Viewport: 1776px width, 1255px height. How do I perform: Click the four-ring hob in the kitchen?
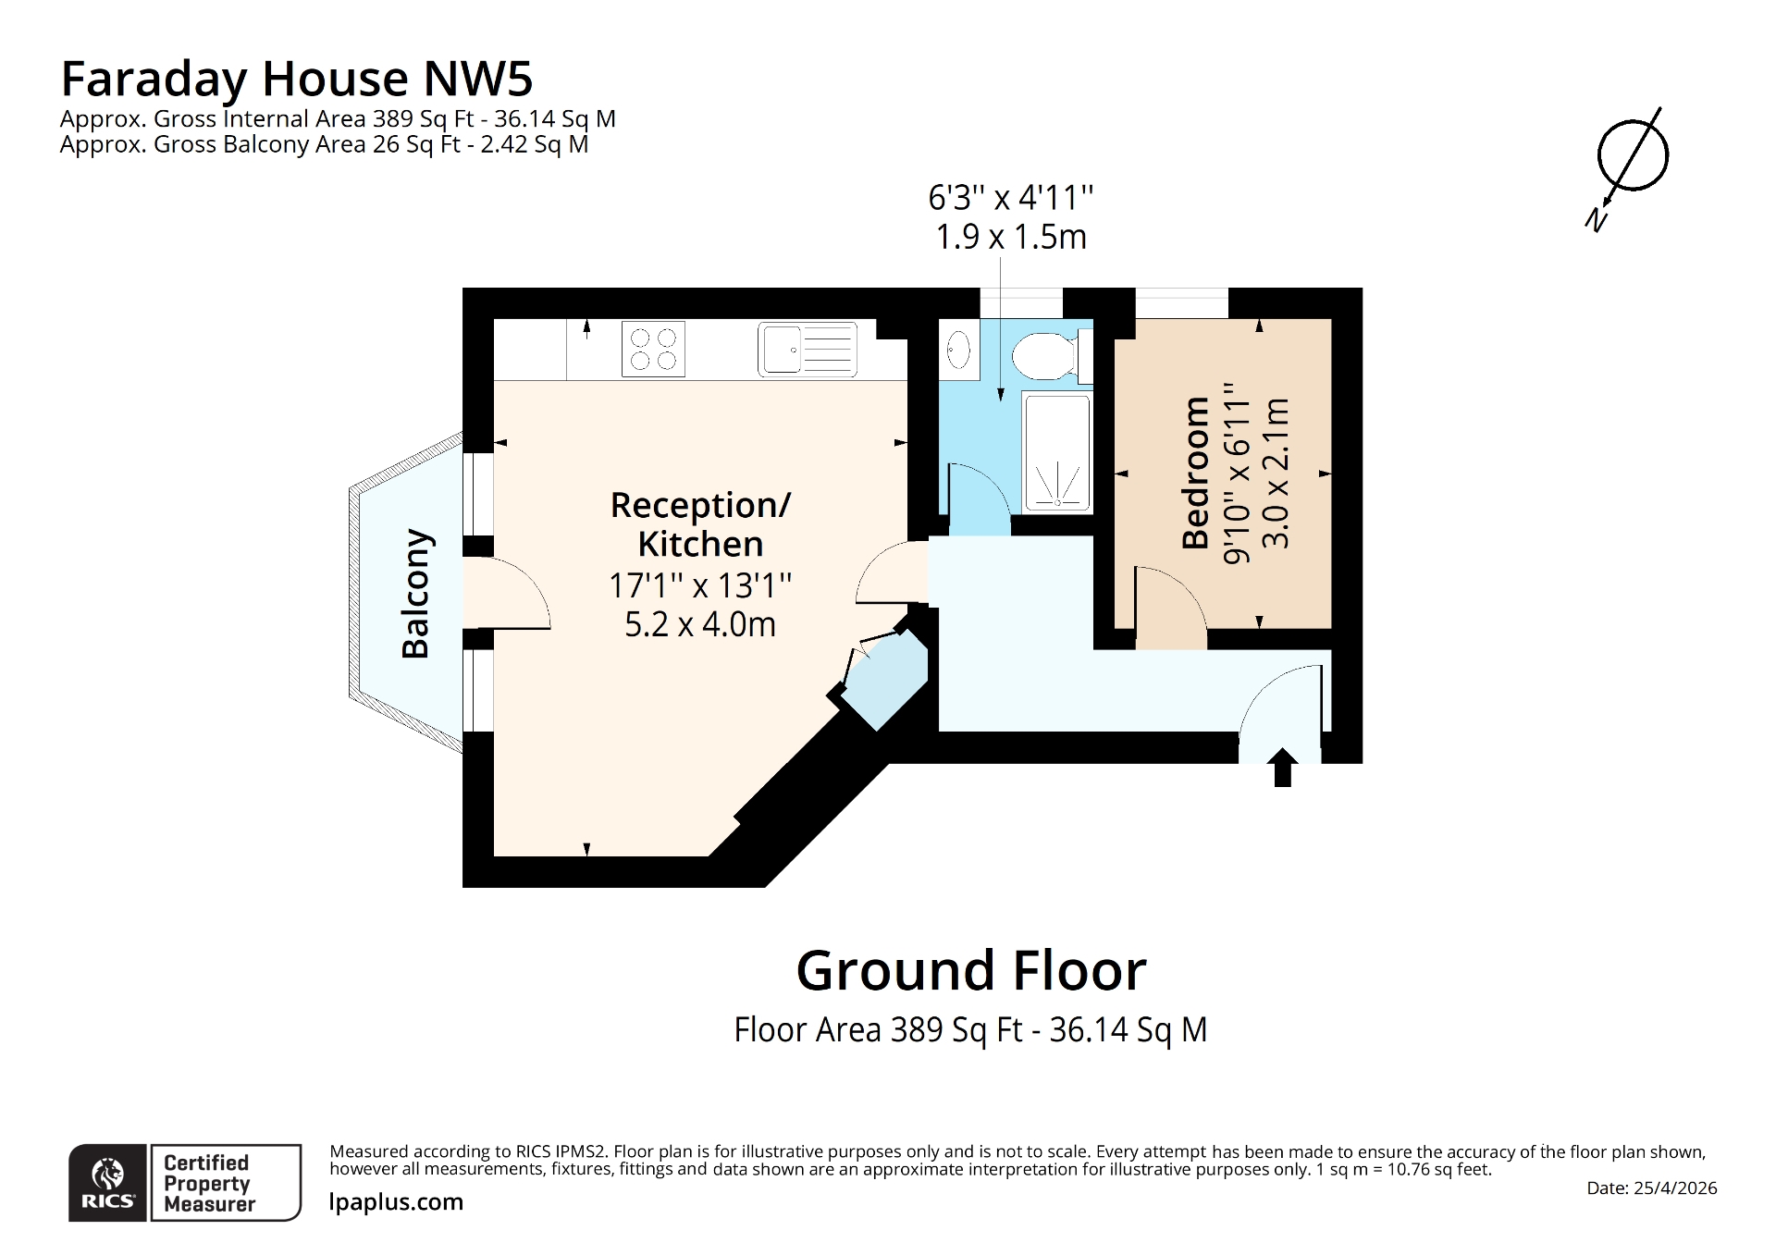click(653, 349)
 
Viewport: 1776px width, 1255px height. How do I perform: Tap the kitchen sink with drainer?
click(807, 349)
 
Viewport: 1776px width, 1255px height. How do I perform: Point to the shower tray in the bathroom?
click(1056, 451)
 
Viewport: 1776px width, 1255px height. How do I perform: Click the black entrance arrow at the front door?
click(1282, 768)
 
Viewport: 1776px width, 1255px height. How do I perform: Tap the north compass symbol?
click(1632, 157)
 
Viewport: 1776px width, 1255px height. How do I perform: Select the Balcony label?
click(415, 593)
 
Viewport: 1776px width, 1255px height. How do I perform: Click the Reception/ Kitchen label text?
click(700, 524)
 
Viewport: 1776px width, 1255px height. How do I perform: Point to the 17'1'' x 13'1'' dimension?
click(700, 585)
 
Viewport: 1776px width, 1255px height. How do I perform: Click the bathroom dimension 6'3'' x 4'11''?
click(1010, 198)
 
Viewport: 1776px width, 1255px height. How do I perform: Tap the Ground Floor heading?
click(970, 970)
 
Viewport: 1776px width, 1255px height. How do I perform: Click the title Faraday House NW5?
click(296, 79)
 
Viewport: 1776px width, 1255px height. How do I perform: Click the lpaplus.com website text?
click(396, 1202)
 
